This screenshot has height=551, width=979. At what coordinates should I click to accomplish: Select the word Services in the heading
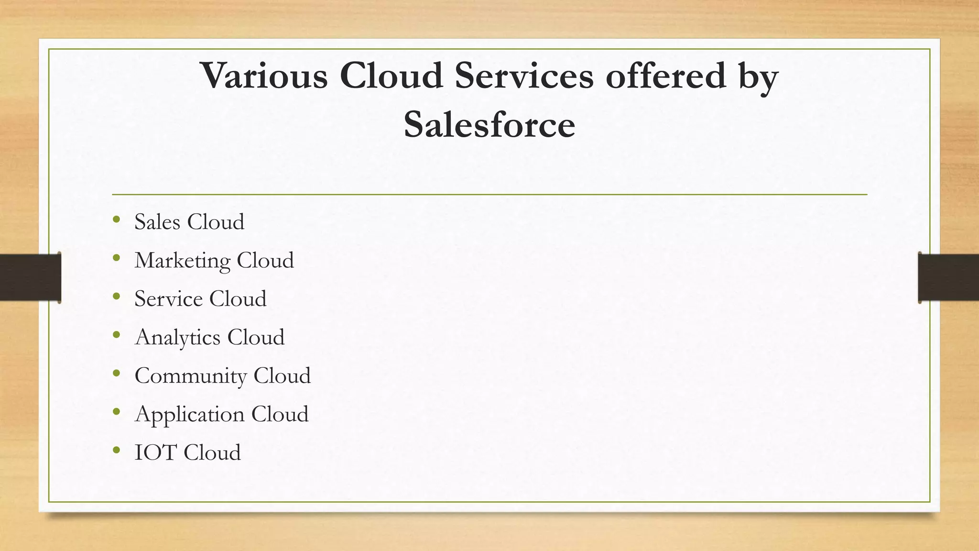click(x=524, y=76)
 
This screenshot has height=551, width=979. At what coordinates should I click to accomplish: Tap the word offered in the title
click(x=666, y=76)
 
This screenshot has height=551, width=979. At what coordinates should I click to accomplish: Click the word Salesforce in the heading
click(x=489, y=124)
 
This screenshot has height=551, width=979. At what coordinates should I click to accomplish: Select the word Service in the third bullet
click(x=168, y=299)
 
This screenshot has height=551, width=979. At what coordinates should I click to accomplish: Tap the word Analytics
click(x=177, y=338)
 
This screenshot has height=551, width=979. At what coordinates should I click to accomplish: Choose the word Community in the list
click(x=190, y=376)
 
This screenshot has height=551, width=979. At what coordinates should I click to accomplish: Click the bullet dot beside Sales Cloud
click(x=117, y=220)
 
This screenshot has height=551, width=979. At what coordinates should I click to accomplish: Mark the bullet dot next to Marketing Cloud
click(x=117, y=258)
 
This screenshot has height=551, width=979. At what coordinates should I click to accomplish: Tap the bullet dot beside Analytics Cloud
click(x=117, y=335)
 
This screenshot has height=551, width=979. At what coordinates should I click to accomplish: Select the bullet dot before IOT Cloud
click(x=117, y=451)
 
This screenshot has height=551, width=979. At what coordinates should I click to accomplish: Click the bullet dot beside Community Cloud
click(x=117, y=374)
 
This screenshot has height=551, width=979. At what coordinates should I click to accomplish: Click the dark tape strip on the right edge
click(x=948, y=277)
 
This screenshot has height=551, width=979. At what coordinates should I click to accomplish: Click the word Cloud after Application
click(x=280, y=414)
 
